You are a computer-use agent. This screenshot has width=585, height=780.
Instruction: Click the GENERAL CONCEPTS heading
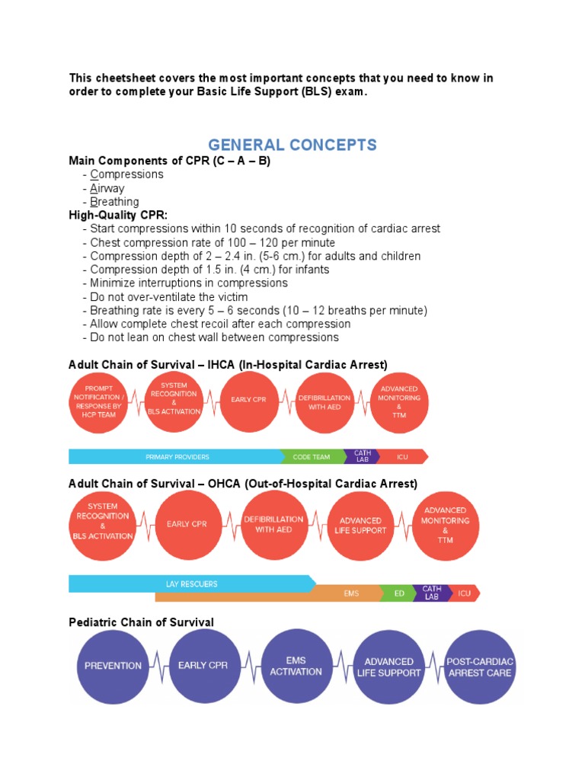tap(292, 145)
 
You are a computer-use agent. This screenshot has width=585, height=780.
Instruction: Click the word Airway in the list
tap(107, 188)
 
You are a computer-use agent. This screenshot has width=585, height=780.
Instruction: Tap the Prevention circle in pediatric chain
tap(113, 666)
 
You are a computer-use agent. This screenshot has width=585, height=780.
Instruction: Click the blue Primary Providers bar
tap(177, 457)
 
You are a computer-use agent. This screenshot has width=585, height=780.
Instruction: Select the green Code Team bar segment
tap(312, 457)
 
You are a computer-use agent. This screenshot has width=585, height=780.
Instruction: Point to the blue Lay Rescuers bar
tap(191, 584)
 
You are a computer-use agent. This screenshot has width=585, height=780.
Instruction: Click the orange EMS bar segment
tap(351, 593)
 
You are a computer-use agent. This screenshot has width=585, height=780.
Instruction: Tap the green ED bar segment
tap(399, 593)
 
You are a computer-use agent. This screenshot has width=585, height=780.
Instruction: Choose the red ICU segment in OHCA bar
tap(463, 593)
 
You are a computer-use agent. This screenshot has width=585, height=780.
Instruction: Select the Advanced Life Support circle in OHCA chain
tap(361, 526)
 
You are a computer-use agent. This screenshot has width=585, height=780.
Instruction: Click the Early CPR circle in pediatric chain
tap(203, 666)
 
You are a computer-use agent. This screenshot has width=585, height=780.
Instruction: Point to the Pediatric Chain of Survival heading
tap(141, 622)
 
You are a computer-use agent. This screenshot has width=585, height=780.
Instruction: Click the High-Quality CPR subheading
tap(118, 216)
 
